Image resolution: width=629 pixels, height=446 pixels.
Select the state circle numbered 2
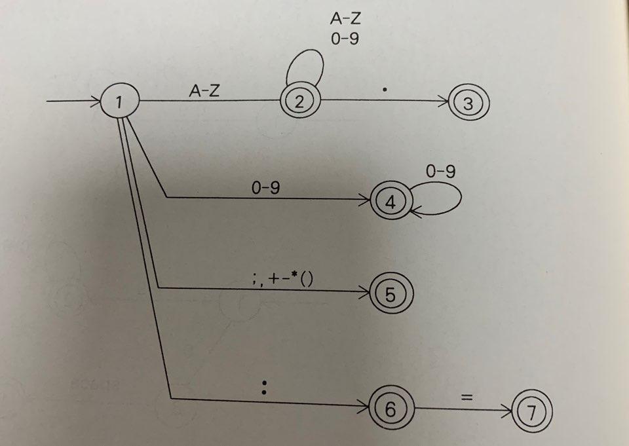(x=299, y=102)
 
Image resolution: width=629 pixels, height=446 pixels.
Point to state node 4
(x=390, y=200)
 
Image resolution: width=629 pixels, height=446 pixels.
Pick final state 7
(x=533, y=413)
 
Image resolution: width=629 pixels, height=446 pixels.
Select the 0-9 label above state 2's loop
(x=345, y=38)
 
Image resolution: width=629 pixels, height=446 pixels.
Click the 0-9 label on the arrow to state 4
(x=265, y=187)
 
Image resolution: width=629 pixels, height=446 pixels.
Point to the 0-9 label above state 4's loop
(x=440, y=172)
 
